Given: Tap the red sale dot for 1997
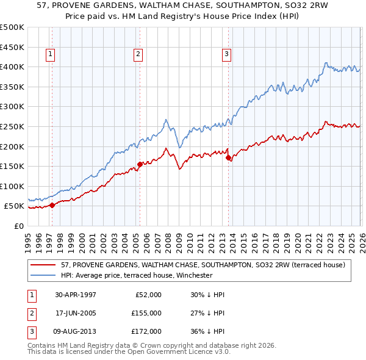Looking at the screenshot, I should (x=52, y=205).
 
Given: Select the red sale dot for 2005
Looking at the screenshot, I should (x=140, y=164).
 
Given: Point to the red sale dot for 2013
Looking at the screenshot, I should (x=228, y=157).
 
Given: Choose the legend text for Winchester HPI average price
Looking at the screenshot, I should (x=137, y=276).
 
